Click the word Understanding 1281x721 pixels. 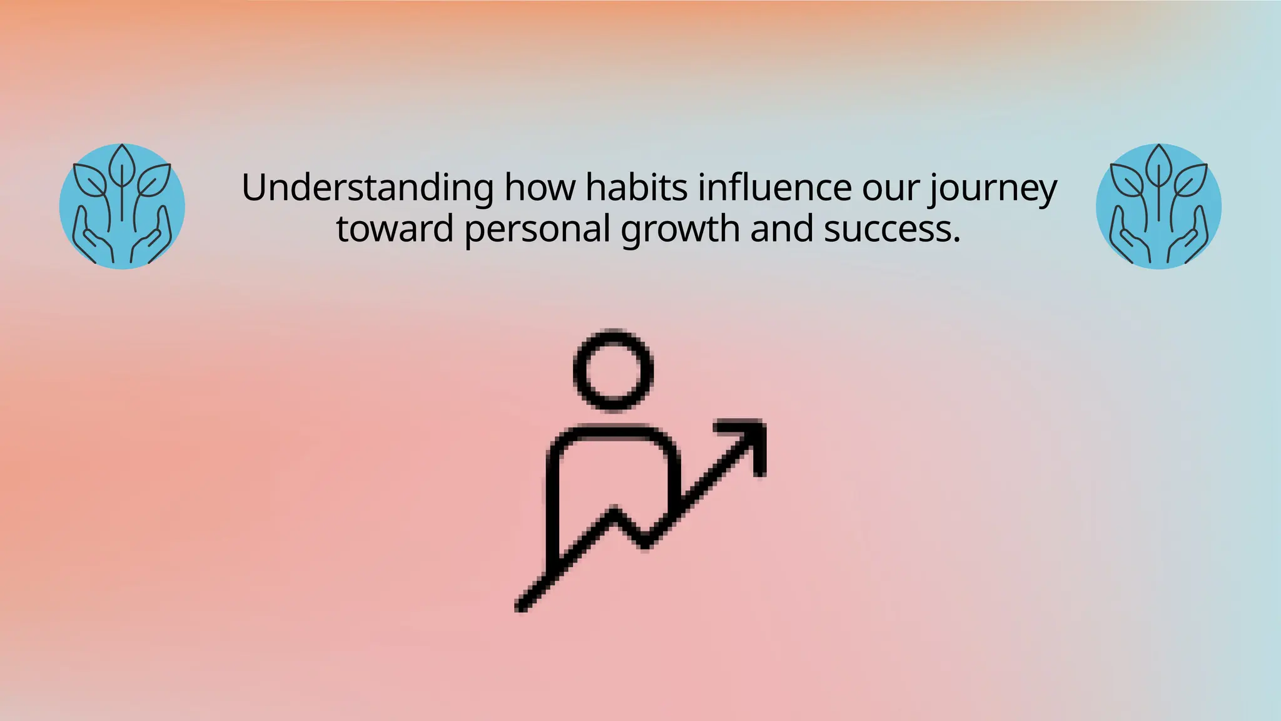pos(367,188)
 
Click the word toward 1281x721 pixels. pos(394,229)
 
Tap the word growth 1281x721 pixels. pos(680,229)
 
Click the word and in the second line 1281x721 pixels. pos(781,229)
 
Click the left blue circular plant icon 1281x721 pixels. pos(122,207)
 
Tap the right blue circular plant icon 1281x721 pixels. pos(1158,207)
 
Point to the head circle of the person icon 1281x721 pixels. pos(613,370)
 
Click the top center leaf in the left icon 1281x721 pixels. pos(122,164)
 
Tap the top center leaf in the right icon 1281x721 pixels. pos(1158,164)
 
